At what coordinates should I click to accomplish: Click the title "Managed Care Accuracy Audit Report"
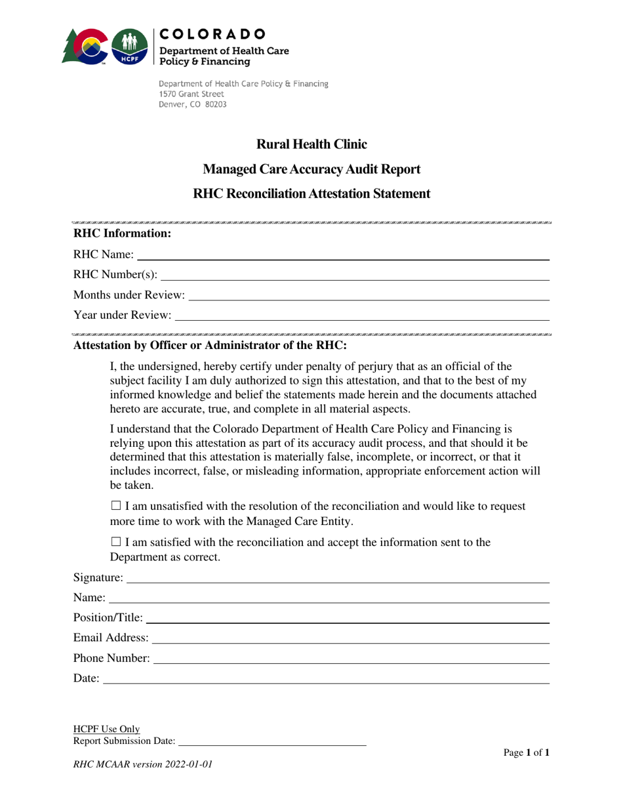pos(311,169)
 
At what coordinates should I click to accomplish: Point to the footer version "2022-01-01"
pos(190,764)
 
